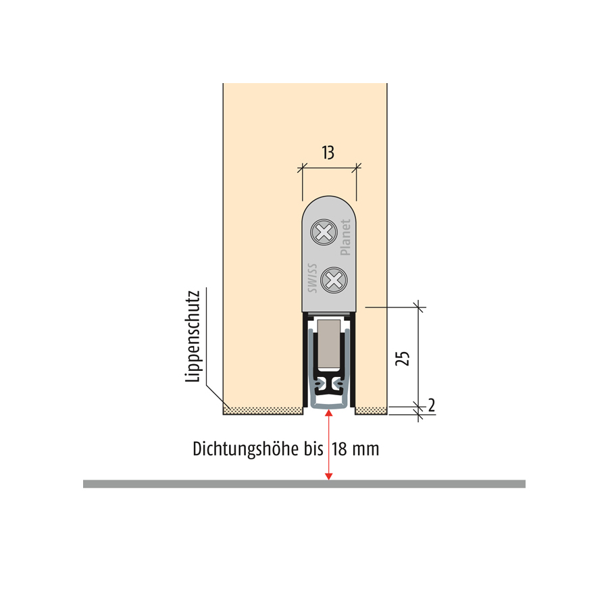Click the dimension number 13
coord(328,153)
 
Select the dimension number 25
coord(403,358)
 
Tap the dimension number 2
coord(432,405)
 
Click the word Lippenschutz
coord(193,336)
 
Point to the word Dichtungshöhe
coord(246,449)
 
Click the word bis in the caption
coord(313,449)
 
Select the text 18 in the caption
coord(339,449)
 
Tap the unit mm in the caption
coord(365,451)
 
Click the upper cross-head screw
coord(324,232)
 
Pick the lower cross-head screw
coord(334,280)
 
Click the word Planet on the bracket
coord(345,237)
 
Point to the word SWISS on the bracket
coord(312,278)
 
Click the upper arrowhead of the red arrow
coord(329,412)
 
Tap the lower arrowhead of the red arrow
coord(329,477)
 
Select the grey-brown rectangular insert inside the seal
coord(329,345)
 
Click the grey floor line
coord(304,484)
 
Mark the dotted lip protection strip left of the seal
coord(263,411)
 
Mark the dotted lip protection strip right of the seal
coord(371,411)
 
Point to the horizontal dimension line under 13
coord(329,168)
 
